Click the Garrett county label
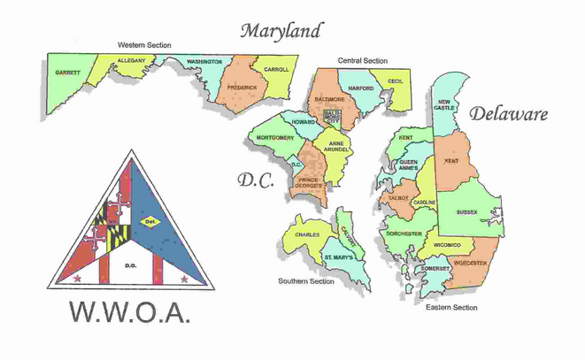tap(67, 73)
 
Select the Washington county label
tap(204, 62)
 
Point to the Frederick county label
tap(241, 88)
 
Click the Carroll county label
tap(276, 69)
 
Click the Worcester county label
tap(472, 264)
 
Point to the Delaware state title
tap(509, 114)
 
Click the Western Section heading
tap(145, 45)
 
